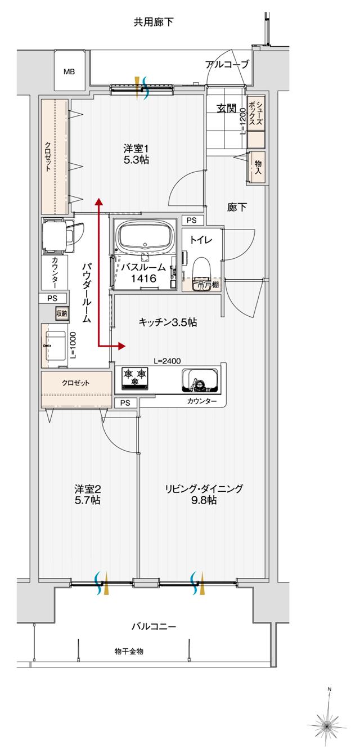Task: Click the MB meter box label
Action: pyautogui.click(x=69, y=71)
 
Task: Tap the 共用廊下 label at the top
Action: pyautogui.click(x=154, y=23)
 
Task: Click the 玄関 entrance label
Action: pyautogui.click(x=226, y=109)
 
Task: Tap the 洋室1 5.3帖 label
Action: pyautogui.click(x=136, y=154)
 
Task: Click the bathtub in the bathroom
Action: pyautogui.click(x=145, y=236)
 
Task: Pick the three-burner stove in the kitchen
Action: pyautogui.click(x=134, y=376)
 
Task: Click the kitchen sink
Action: pyautogui.click(x=199, y=380)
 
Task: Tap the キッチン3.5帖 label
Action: pyautogui.click(x=168, y=322)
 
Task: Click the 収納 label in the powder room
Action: pyautogui.click(x=61, y=313)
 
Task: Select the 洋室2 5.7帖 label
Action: pyautogui.click(x=87, y=494)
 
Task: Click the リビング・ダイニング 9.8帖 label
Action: pyautogui.click(x=204, y=494)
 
